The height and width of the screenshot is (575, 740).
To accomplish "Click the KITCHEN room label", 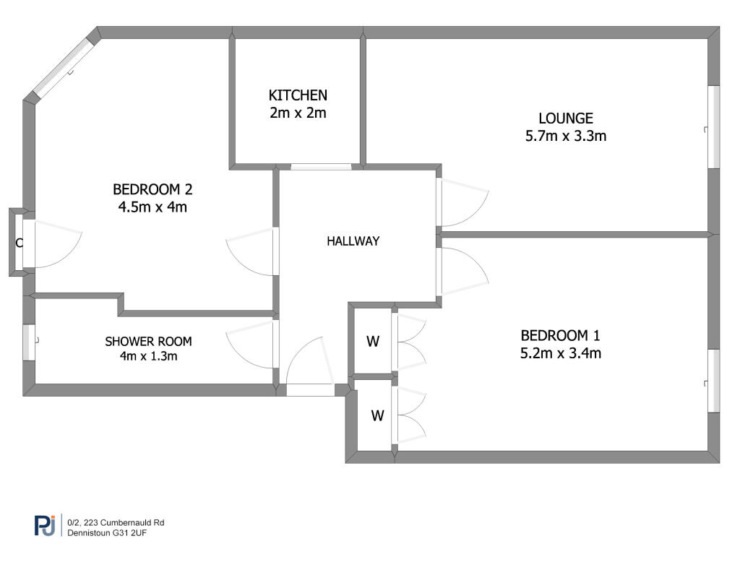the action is (x=298, y=95).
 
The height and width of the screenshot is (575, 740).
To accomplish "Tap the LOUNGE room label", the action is (x=566, y=118).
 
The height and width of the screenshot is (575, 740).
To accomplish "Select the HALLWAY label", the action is (x=353, y=241).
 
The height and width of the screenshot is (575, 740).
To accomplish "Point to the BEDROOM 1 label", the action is (x=560, y=335).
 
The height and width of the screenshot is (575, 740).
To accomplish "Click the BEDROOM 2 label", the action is (x=152, y=189).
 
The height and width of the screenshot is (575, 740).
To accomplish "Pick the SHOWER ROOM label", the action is (x=148, y=341).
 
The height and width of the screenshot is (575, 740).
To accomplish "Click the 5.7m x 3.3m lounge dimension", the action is (x=566, y=136).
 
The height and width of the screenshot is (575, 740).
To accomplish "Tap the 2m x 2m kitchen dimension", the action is (x=298, y=113).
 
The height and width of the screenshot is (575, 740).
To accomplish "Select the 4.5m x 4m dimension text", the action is (x=152, y=207).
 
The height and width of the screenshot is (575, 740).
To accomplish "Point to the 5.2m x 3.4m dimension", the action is (x=561, y=353).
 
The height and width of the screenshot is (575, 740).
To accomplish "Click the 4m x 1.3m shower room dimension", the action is (x=148, y=355).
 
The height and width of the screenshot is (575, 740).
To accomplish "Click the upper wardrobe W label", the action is (x=373, y=341).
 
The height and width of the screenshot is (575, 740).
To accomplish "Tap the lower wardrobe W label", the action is (x=377, y=415).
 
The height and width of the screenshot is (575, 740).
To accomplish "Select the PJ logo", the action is (x=46, y=525).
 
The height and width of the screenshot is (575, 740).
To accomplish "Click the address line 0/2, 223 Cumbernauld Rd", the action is (x=116, y=523).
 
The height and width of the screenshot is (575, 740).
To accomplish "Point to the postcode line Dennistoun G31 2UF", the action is (x=107, y=533).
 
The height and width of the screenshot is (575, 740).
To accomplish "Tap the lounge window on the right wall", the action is (x=714, y=127).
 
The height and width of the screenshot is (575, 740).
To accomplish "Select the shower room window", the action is (x=29, y=343).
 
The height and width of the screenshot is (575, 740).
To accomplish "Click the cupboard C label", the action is (x=20, y=243).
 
